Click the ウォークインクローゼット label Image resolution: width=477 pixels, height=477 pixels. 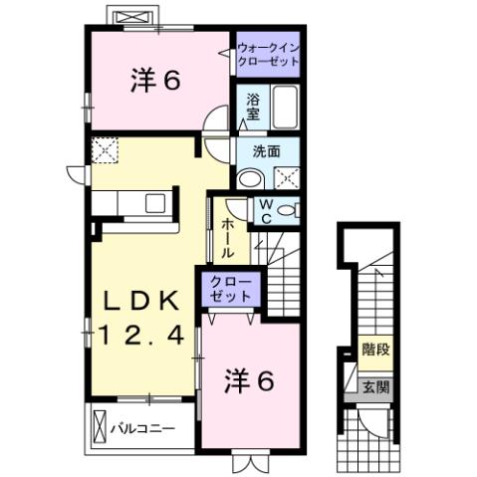pos(267,52)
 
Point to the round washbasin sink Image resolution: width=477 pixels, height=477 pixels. pos(249,180)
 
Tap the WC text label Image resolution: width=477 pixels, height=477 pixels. pos(266,209)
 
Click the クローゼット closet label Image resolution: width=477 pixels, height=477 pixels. pos(233,290)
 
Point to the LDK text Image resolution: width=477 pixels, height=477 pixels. pos(140,301)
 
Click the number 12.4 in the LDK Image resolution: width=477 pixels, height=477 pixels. pos(140,337)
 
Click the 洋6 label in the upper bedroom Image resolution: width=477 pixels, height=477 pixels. pos(154,82)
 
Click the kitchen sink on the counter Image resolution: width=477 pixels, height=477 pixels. pos(156,203)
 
